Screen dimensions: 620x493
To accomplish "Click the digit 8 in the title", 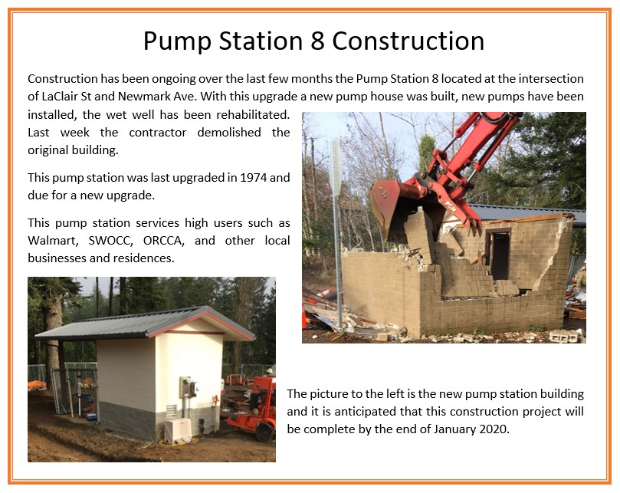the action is point(317,41).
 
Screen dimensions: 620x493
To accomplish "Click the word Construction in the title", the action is point(408,41).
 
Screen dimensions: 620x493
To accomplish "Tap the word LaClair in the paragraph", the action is point(56,96).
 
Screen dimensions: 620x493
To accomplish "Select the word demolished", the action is point(229,132).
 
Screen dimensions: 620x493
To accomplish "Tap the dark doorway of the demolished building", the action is point(500,256).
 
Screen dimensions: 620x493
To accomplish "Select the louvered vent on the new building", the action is point(171,411).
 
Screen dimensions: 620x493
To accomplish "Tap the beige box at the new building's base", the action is point(178,430).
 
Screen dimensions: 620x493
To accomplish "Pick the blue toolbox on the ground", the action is point(92,416).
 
